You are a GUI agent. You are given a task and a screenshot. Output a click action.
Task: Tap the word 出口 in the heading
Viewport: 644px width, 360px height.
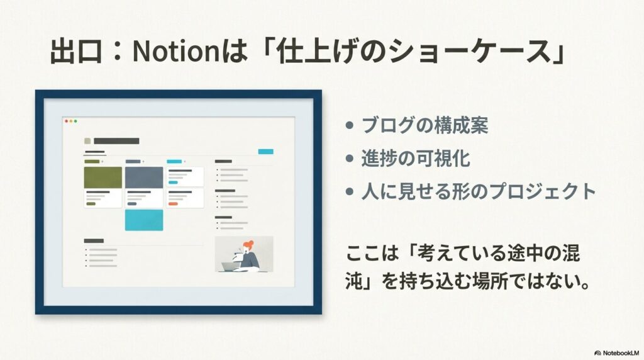76,51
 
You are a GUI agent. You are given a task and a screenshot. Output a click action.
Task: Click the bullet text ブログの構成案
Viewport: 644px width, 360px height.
425,125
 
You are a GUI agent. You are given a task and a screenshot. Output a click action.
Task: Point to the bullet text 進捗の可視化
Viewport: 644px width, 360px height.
416,158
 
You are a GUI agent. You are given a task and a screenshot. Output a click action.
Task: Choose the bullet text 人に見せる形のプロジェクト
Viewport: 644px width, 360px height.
479,191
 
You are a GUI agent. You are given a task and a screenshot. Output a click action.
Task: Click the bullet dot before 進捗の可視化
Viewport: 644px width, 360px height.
350,158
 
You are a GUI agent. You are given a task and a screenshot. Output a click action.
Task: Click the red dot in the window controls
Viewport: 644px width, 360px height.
67,121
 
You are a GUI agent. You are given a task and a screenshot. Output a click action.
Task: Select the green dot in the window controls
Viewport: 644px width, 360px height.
75,121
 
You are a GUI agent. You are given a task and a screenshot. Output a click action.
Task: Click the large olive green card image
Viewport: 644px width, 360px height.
103,177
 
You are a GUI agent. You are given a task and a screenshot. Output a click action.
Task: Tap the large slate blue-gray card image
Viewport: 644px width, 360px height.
144,177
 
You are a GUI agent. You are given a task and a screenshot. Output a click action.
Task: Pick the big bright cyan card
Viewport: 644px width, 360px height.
144,220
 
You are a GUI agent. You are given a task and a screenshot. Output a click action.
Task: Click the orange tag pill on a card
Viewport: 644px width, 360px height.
173,204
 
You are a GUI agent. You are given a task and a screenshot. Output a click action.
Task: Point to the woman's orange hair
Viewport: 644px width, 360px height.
248,245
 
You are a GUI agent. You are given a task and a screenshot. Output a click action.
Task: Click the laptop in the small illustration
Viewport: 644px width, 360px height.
229,267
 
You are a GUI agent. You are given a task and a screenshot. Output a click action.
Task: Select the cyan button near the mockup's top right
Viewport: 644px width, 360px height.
266,152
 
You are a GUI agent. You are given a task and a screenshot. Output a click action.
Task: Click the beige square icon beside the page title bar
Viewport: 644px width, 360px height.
87,141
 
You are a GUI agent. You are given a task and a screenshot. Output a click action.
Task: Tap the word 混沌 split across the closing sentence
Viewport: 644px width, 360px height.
463,267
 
